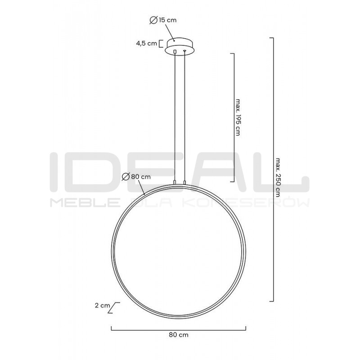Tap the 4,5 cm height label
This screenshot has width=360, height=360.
(x=146, y=44)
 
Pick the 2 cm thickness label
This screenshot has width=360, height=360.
(x=103, y=306)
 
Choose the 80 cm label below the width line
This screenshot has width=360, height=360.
(x=179, y=335)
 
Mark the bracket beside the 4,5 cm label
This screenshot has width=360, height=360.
(x=161, y=44)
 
